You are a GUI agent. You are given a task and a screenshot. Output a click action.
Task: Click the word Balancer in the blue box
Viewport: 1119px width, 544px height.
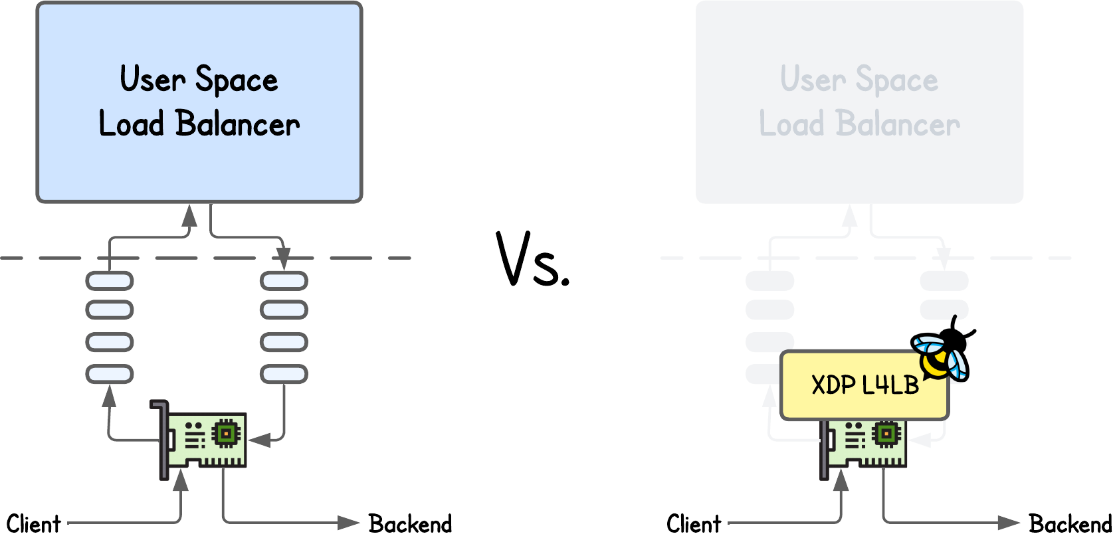coord(237,124)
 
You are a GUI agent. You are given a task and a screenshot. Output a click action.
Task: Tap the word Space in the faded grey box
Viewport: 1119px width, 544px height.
coord(896,80)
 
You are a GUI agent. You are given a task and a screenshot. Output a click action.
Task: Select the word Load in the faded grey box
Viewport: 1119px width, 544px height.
coord(791,124)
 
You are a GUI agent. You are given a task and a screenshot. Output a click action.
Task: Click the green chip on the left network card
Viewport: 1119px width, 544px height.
coord(226,434)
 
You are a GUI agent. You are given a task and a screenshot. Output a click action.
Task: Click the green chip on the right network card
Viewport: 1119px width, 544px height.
coord(886,434)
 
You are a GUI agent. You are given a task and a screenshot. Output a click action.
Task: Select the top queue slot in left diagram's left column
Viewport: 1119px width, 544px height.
coord(110,281)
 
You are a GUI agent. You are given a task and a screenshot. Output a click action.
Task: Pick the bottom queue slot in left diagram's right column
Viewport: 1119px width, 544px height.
coord(284,374)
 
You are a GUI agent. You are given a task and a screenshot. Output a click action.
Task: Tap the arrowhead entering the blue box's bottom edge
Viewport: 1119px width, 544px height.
coord(190,215)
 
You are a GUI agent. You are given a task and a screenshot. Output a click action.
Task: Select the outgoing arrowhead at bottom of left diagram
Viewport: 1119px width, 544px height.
coord(348,523)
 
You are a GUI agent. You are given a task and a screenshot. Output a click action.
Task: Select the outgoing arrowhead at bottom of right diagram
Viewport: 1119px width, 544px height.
coord(1009,523)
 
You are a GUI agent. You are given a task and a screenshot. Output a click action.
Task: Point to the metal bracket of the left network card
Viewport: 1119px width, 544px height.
coord(161,438)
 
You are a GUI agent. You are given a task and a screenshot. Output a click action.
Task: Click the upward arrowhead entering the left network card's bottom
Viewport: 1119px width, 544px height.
coord(181,480)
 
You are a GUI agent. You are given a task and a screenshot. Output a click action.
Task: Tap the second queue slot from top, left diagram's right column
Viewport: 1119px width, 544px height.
coord(284,310)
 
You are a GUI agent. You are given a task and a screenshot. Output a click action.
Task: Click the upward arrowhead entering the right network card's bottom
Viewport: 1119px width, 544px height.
coord(841,480)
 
